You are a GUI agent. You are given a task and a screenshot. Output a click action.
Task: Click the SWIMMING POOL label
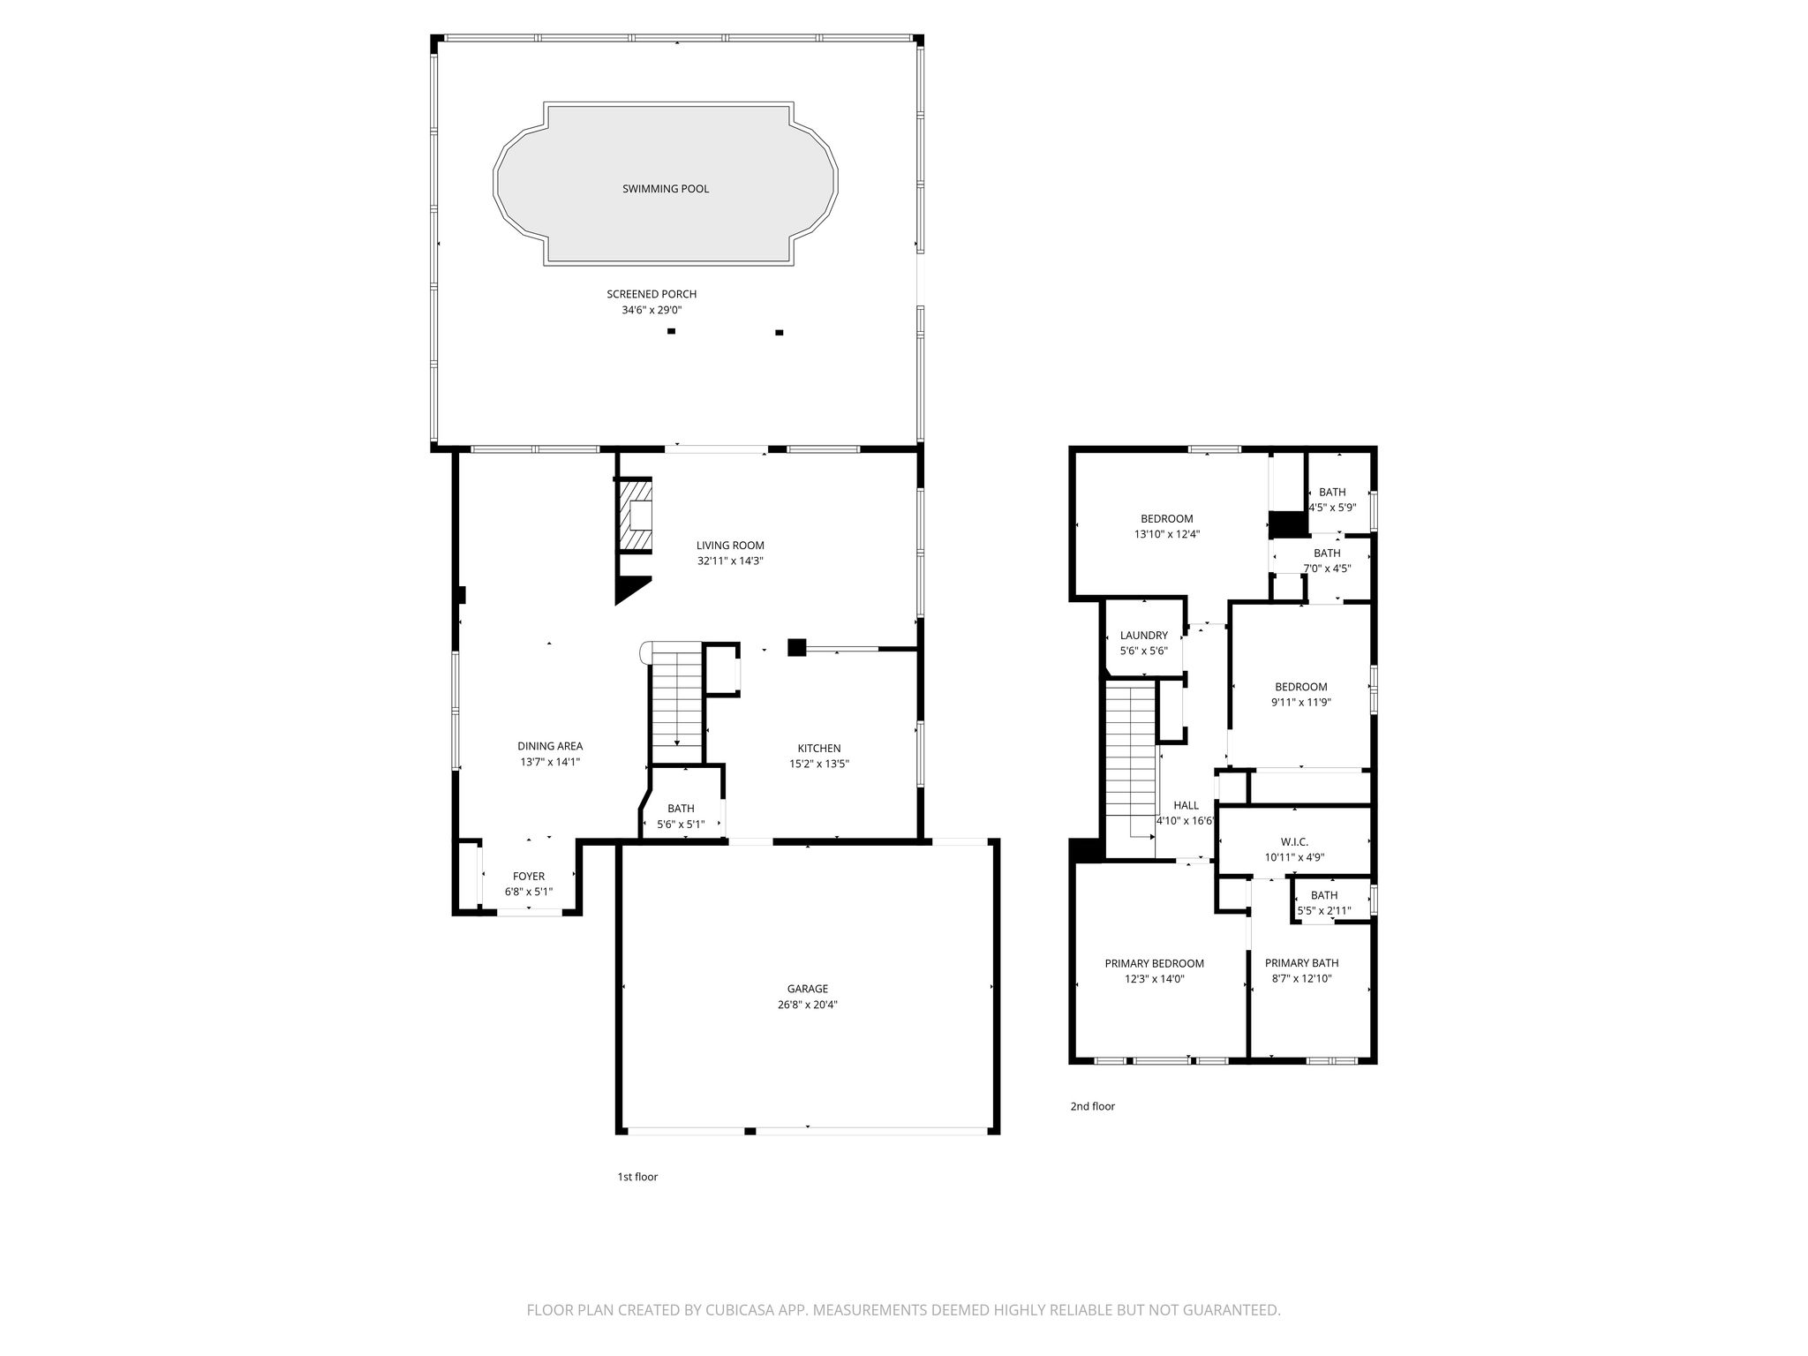[666, 189]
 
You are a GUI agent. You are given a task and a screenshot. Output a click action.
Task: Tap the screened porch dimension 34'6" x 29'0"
[652, 311]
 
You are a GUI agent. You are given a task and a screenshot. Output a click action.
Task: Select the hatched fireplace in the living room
[635, 516]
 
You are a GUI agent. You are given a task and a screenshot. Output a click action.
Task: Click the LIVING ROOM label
[730, 546]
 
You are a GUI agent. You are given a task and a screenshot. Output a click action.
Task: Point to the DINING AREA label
[550, 746]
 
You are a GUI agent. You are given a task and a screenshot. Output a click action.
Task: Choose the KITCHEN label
[819, 749]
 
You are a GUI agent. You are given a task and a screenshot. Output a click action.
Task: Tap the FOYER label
[529, 877]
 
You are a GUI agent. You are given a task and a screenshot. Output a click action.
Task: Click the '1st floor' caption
[637, 1177]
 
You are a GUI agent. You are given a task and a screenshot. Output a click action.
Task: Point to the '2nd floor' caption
[1093, 1106]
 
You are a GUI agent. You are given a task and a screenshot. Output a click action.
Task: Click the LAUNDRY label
[1144, 636]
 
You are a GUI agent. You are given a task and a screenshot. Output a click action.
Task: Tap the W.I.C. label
[1294, 841]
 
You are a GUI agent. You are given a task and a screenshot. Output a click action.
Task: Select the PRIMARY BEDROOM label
[1155, 963]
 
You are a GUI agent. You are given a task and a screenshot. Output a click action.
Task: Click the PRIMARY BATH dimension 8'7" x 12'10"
[1301, 978]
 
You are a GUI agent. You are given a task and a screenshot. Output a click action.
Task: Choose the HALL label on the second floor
[1186, 805]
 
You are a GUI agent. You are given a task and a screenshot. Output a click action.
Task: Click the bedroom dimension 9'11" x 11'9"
[1301, 703]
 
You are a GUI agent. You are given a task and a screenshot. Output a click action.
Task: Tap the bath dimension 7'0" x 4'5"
[1327, 569]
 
